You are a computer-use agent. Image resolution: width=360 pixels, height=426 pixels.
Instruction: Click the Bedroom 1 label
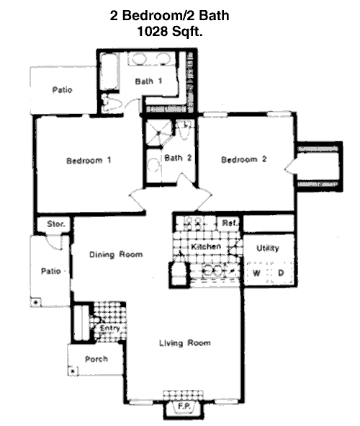(x=89, y=160)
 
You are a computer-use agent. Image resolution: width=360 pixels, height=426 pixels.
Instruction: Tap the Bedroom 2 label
(x=244, y=159)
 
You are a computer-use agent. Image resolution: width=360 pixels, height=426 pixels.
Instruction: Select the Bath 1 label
(x=148, y=81)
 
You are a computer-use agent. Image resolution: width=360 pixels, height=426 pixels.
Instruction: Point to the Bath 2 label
(x=178, y=158)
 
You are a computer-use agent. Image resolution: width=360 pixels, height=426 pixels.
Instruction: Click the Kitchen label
(x=206, y=247)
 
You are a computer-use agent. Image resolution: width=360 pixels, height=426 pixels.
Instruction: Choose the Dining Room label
(x=116, y=254)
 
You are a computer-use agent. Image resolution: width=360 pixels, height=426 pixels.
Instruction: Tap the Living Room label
(x=185, y=343)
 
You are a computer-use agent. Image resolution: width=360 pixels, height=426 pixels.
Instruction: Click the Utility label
(x=268, y=248)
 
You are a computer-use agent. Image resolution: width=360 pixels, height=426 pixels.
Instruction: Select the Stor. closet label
(x=56, y=224)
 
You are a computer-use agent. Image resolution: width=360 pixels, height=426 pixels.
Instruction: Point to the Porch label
(x=96, y=359)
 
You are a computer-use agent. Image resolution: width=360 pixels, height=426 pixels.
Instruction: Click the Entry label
(x=109, y=328)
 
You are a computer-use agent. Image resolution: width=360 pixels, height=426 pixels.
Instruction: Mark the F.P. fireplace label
(x=184, y=407)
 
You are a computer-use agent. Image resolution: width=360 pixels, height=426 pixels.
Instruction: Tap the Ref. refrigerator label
(x=230, y=223)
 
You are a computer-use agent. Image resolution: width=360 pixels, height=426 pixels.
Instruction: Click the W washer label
(x=256, y=272)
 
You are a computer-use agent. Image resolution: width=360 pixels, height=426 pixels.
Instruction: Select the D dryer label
(x=281, y=272)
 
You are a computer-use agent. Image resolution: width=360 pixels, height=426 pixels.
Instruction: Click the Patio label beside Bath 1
(x=62, y=89)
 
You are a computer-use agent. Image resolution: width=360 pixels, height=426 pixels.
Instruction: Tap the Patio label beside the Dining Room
(x=50, y=271)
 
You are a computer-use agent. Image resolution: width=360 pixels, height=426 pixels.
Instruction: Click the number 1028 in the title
(x=153, y=31)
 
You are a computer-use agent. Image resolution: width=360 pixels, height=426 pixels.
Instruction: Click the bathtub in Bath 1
(x=109, y=71)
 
